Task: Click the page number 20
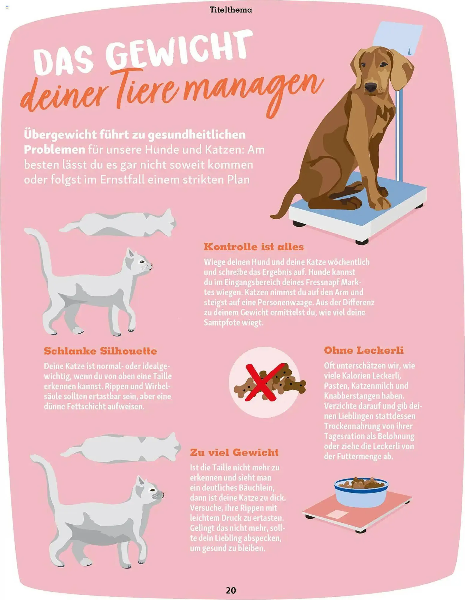231,590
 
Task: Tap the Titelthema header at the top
231,10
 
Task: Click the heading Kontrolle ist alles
253,247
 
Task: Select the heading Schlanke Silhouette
100,351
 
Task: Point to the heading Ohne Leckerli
364,350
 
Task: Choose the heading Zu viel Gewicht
234,452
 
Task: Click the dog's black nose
370,87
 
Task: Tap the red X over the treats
264,382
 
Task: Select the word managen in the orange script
252,90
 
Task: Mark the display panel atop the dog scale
397,36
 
